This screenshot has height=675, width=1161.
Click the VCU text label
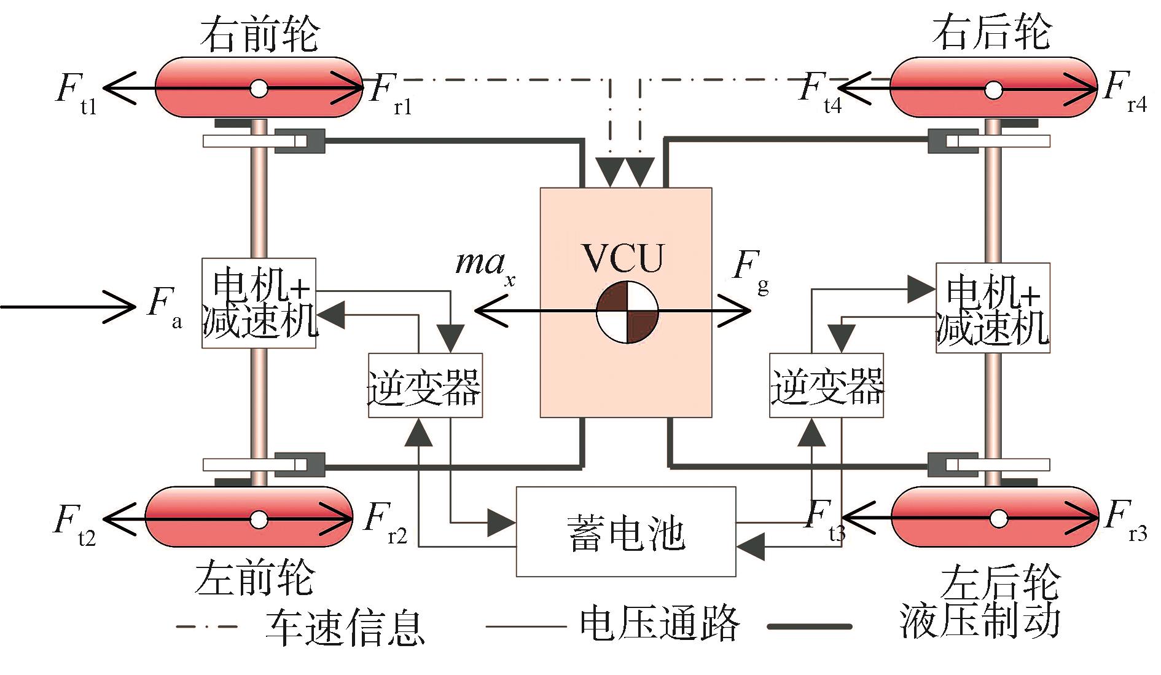624,258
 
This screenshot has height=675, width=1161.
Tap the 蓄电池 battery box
626,532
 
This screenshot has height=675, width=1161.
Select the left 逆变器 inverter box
425,385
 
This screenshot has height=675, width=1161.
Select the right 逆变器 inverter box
826,385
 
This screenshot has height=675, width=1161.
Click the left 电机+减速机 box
259,303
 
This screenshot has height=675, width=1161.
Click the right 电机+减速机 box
993,308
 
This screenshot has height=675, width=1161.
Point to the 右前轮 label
259,34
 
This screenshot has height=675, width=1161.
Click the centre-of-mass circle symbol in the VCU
627,312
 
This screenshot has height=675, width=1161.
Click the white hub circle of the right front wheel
259,89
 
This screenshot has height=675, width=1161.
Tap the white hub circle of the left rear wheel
999,519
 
